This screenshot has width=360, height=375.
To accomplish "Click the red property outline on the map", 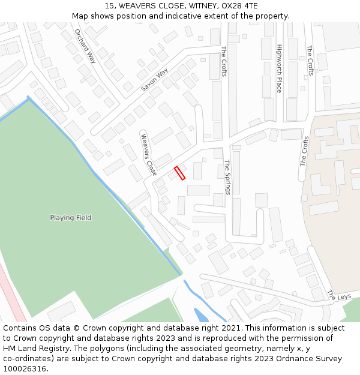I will [x=179, y=173].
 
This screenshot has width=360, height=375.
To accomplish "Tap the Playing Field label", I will [x=71, y=218].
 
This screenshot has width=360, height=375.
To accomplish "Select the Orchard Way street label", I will [x=85, y=46].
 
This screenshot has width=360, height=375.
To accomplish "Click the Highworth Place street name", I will [x=279, y=68].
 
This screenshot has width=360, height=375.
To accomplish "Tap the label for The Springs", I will [x=227, y=176].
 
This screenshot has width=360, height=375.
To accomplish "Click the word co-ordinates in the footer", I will [x=27, y=359].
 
